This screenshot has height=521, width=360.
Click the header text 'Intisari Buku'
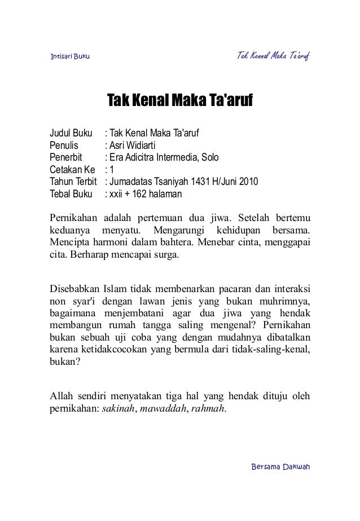click(x=66, y=57)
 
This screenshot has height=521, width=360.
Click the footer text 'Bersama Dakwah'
click(x=282, y=467)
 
